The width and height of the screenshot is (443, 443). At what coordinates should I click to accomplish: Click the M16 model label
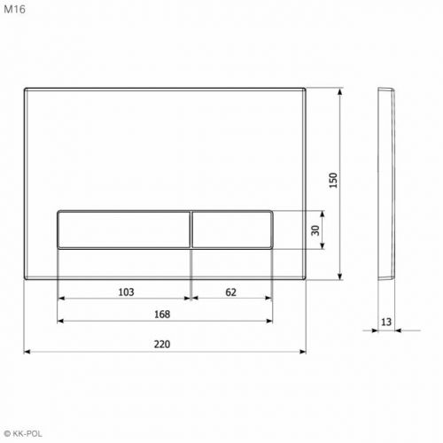pyautogui.click(x=14, y=10)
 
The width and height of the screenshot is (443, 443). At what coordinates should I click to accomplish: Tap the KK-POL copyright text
pyautogui.click(x=23, y=433)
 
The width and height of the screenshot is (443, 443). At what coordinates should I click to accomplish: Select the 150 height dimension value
pyautogui.click(x=333, y=181)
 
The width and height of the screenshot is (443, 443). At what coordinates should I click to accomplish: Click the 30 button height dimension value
pyautogui.click(x=315, y=230)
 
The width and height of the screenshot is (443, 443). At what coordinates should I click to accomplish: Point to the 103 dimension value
pyautogui.click(x=126, y=292)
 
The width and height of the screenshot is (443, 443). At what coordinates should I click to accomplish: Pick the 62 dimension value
pyautogui.click(x=230, y=292)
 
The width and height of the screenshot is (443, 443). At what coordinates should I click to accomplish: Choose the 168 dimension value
pyautogui.click(x=162, y=315)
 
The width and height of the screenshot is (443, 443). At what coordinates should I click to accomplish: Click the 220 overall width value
pyautogui.click(x=162, y=345)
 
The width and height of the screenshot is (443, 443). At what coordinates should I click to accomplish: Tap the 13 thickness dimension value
pyautogui.click(x=386, y=322)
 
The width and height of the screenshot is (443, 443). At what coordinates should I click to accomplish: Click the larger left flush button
pyautogui.click(x=124, y=229)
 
